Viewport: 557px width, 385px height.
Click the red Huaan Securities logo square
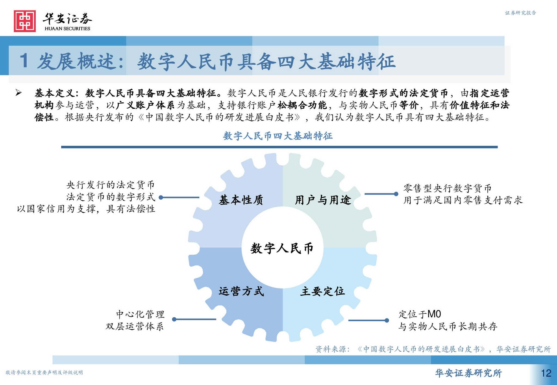tap(25, 21)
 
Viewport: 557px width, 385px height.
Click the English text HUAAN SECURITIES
tap(67, 29)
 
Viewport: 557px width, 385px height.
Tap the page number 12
tap(546, 373)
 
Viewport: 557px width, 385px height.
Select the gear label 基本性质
tap(241, 200)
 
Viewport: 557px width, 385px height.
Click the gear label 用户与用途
tap(323, 200)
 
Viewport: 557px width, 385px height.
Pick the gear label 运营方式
tap(241, 291)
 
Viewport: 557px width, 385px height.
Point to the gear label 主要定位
tap(323, 291)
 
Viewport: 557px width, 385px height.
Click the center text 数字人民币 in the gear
tap(282, 248)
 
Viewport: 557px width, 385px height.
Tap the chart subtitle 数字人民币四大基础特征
tap(278, 136)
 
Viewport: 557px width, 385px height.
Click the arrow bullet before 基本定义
tap(18, 93)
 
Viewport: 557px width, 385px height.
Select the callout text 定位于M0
tap(420, 314)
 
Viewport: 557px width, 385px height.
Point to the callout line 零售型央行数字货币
tap(447, 188)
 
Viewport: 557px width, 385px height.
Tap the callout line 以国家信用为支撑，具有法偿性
tap(86, 209)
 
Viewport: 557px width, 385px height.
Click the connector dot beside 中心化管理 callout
tap(174, 319)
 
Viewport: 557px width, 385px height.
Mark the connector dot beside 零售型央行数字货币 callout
tap(396, 194)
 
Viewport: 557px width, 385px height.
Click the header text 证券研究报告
tap(520, 13)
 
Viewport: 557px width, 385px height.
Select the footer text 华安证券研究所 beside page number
tap(468, 373)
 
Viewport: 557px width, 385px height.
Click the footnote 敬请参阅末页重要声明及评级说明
tap(44, 373)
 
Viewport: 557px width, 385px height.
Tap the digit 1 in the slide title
tap(24, 60)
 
